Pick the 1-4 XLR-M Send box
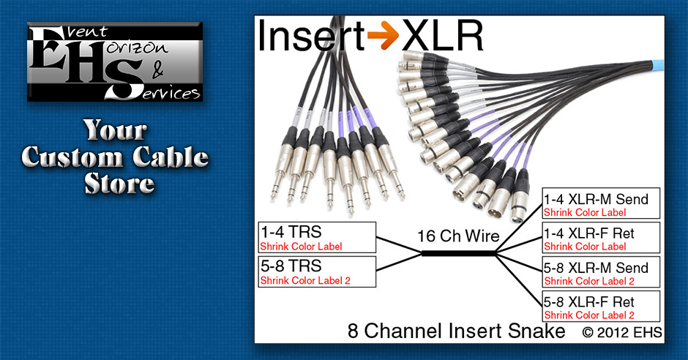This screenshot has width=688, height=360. pos(601,203)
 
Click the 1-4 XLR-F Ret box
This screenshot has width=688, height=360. pos(601,238)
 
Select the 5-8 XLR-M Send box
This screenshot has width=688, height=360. pos(601,273)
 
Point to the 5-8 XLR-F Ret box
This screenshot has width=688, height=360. pos(601,307)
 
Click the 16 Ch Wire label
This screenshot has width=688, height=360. pos(458,236)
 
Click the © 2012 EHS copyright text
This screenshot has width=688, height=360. pos(622,332)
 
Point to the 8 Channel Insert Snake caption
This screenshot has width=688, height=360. pos(457,331)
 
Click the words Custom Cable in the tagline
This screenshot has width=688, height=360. pos(115,157)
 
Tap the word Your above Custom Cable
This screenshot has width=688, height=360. pos(115,131)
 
